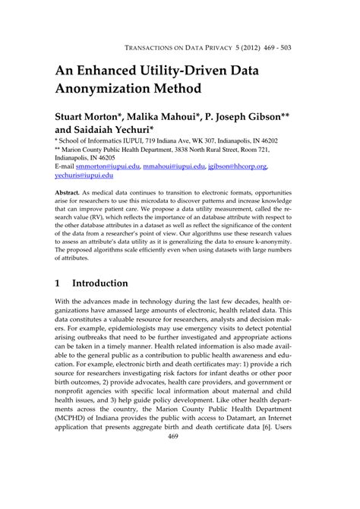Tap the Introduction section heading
[100, 283]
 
